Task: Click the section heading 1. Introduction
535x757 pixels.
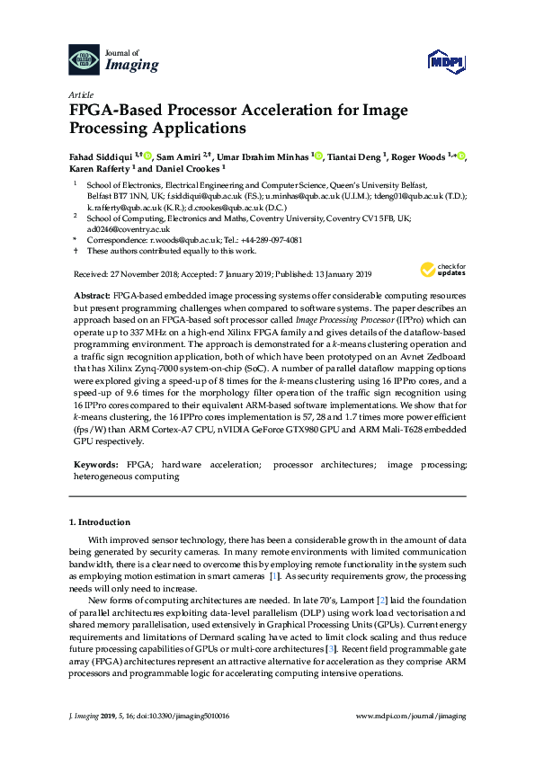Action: coord(99,522)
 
